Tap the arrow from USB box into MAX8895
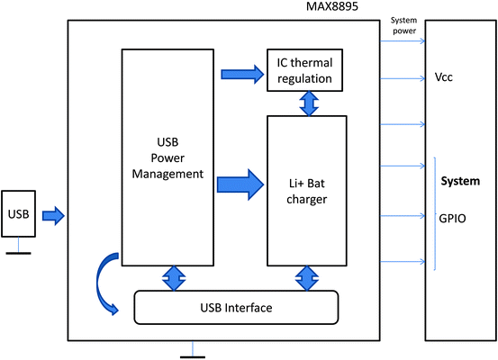(54, 215)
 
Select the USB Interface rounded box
(236, 308)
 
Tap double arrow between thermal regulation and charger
(310, 103)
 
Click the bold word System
(459, 181)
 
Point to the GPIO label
(452, 217)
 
